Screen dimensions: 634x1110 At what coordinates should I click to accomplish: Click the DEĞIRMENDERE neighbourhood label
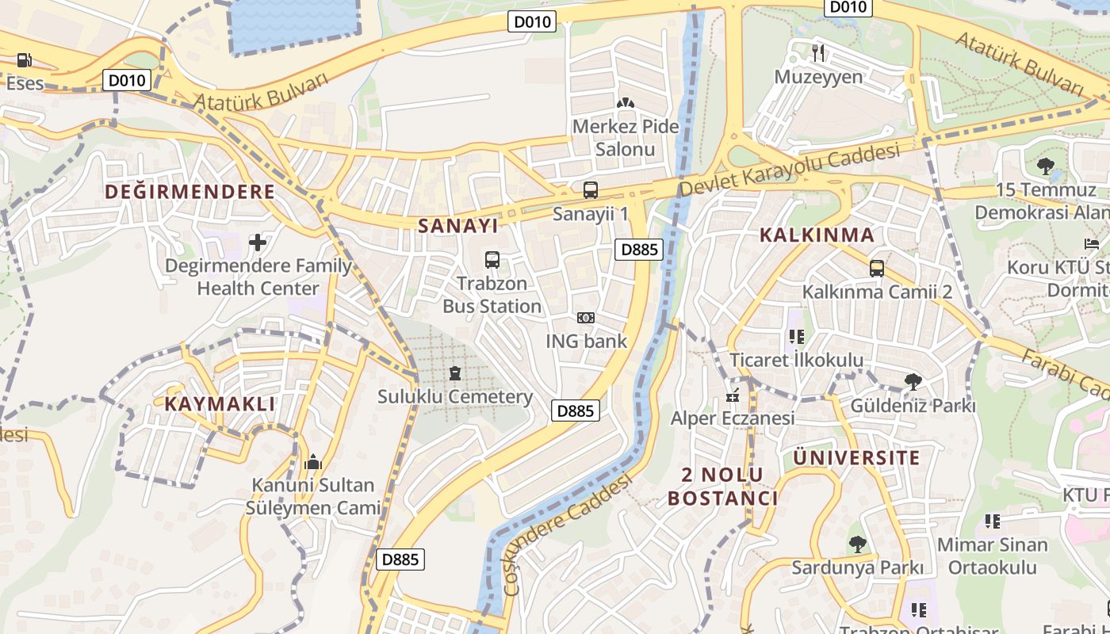(190, 192)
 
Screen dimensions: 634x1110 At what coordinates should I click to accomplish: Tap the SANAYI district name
(458, 226)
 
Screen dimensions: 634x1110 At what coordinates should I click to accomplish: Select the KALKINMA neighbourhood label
(817, 235)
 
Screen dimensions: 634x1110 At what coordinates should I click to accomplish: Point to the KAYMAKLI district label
(220, 403)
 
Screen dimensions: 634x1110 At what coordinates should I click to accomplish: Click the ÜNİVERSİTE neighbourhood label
(856, 457)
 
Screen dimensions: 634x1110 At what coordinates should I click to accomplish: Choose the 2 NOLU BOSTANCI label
(722, 486)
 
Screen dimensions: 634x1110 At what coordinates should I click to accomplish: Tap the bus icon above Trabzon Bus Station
(492, 259)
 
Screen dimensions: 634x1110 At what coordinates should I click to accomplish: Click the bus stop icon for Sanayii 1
(590, 190)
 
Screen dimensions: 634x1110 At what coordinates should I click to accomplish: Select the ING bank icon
(586, 318)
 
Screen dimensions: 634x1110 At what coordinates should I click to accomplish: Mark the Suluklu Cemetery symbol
(454, 372)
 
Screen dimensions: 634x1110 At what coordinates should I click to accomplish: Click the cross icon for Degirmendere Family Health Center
(258, 242)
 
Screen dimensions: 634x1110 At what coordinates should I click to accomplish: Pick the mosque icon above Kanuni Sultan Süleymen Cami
(312, 461)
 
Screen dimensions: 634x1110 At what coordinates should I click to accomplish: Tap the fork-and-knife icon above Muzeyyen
(818, 53)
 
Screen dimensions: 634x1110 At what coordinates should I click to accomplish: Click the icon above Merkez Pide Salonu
(626, 103)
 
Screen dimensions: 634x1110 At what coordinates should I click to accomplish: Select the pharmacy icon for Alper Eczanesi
(733, 394)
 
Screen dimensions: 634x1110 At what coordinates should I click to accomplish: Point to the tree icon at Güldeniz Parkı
(913, 382)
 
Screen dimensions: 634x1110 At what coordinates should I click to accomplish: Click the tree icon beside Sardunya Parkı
(856, 544)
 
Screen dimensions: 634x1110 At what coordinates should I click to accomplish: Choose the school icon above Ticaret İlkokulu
(796, 337)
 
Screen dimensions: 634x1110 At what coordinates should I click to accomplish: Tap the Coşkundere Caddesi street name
(568, 533)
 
